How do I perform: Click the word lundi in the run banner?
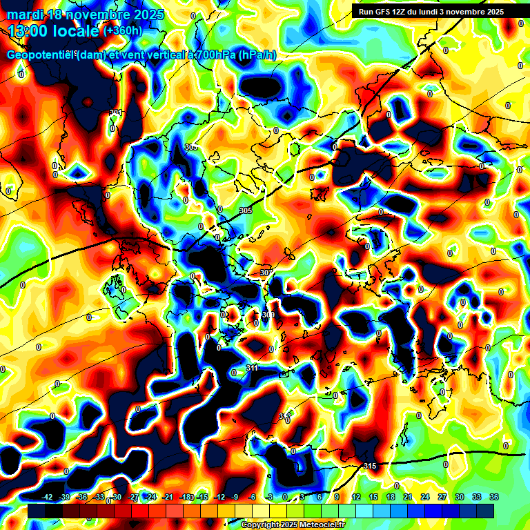(x=450, y=12)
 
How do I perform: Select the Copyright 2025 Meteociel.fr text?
(x=292, y=524)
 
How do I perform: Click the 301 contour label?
(x=115, y=112)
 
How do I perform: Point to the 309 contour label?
(x=268, y=315)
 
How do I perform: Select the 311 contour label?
(x=253, y=368)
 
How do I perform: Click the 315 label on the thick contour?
(x=370, y=466)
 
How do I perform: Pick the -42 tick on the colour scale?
(x=48, y=497)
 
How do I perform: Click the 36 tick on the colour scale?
(x=494, y=497)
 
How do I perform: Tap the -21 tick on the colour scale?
(x=168, y=497)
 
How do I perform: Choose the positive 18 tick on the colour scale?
(x=391, y=497)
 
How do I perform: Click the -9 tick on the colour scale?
(x=235, y=497)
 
